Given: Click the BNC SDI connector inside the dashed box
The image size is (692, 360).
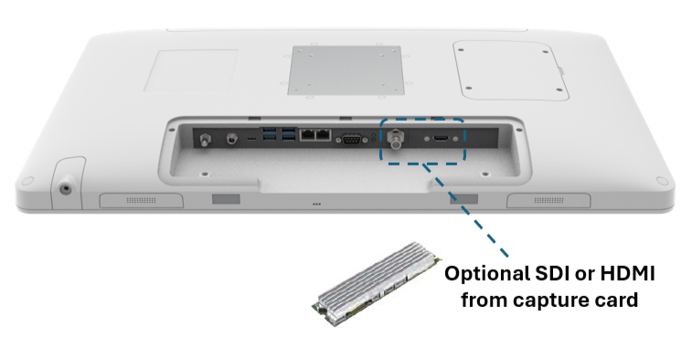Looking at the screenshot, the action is tap(396, 139).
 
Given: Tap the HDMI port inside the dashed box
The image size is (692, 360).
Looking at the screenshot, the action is tap(441, 139).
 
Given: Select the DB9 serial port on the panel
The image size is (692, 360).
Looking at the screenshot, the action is tap(350, 140).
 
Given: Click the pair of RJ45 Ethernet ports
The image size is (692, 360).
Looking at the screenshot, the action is tap(315, 134).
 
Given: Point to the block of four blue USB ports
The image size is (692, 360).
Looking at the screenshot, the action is tap(280, 134).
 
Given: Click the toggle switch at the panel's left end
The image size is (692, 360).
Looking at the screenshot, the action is tap(205, 141).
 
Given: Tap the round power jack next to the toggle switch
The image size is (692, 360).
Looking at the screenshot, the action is tap(230, 140).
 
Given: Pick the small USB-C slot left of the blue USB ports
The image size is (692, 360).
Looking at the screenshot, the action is tap(251, 139).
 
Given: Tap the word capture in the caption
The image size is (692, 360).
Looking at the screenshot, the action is tap(545, 301).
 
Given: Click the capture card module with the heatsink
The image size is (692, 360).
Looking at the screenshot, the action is tap(377, 283).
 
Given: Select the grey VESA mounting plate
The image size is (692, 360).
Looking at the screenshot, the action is tap(346, 70).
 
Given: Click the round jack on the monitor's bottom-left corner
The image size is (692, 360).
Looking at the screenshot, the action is tap(66, 189).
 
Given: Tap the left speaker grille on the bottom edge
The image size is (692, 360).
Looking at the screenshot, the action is tap(141, 200).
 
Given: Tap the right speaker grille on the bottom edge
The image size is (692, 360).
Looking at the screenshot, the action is tap(548, 200).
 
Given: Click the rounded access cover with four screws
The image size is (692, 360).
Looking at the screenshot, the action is tap(511, 70).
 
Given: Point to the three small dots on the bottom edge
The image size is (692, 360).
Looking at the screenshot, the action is tap(316, 204).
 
